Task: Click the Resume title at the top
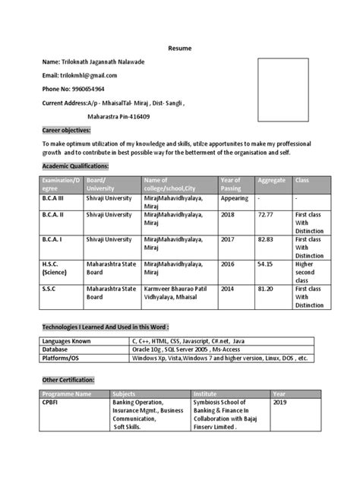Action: coord(180,48)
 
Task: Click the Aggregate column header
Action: coord(272,181)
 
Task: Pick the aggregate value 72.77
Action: coord(266,215)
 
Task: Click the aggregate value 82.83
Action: coord(266,238)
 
